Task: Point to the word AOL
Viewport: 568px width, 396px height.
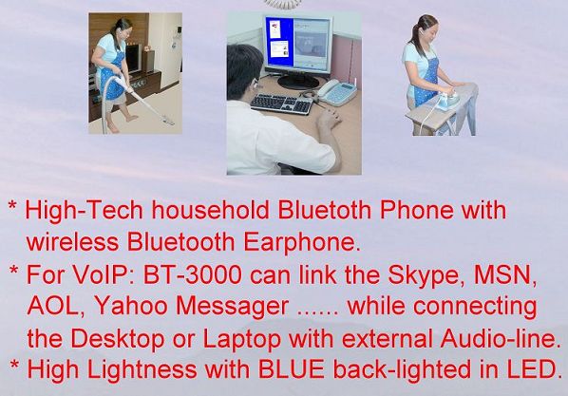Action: pos(56,306)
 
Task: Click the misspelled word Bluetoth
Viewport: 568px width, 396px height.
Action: pos(324,210)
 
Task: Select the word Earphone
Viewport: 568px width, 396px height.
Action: pos(302,242)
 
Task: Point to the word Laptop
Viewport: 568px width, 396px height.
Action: pos(241,339)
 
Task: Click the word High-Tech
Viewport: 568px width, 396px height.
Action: pos(84,211)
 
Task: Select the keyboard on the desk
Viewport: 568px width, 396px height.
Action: pos(281,104)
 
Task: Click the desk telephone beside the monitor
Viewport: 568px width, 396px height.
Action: pos(336,92)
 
